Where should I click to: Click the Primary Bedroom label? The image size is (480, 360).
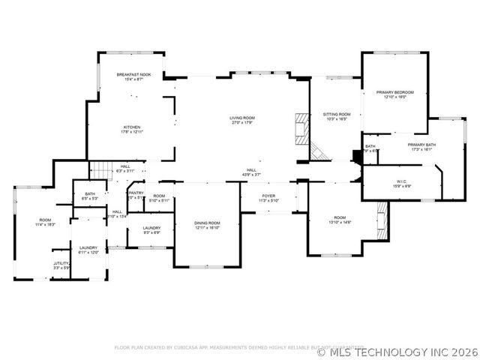click(x=394, y=94)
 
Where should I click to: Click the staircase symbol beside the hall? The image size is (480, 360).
click(x=100, y=170)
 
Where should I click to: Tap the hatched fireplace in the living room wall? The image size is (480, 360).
click(x=301, y=128)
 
